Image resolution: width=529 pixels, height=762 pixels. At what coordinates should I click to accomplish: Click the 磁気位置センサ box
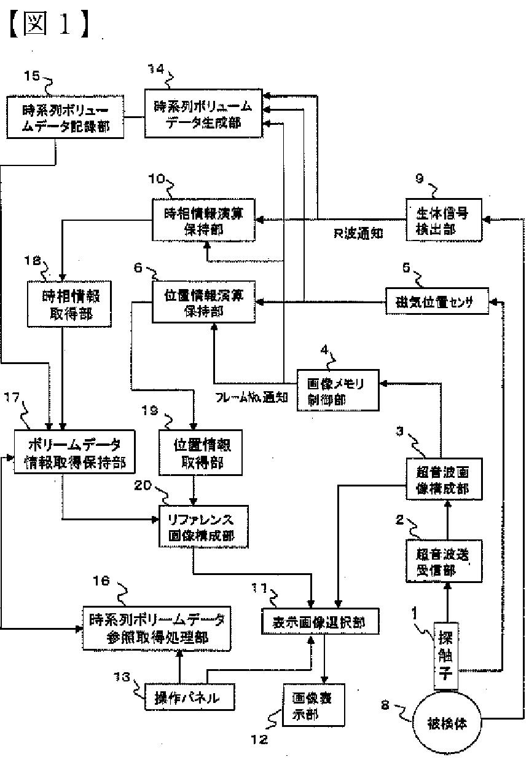437,302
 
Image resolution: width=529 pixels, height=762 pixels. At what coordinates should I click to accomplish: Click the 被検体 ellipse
447,723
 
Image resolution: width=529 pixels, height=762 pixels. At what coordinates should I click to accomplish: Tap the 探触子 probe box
446,655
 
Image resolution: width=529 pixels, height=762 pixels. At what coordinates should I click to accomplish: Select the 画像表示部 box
313,704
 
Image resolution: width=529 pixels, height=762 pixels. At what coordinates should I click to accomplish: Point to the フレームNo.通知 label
252,397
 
